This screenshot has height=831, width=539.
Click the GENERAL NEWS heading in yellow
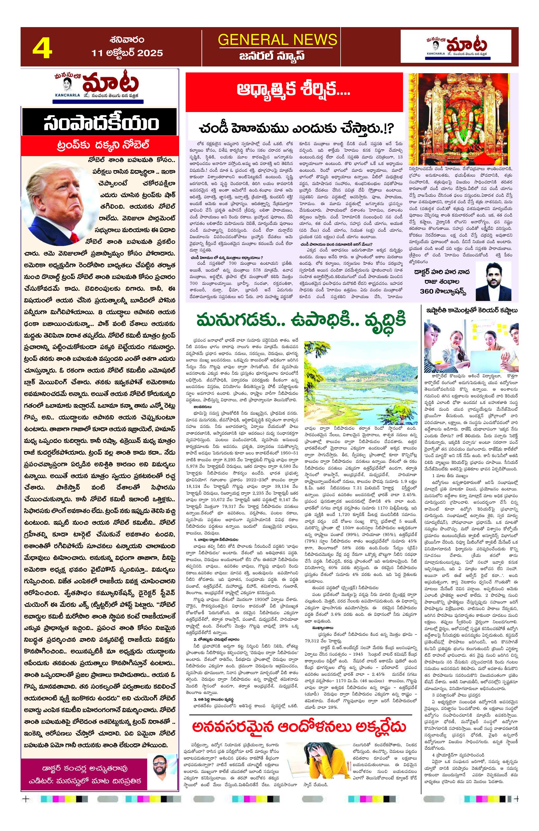click(x=277, y=39)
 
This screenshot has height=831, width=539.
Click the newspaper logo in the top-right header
click(x=459, y=46)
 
